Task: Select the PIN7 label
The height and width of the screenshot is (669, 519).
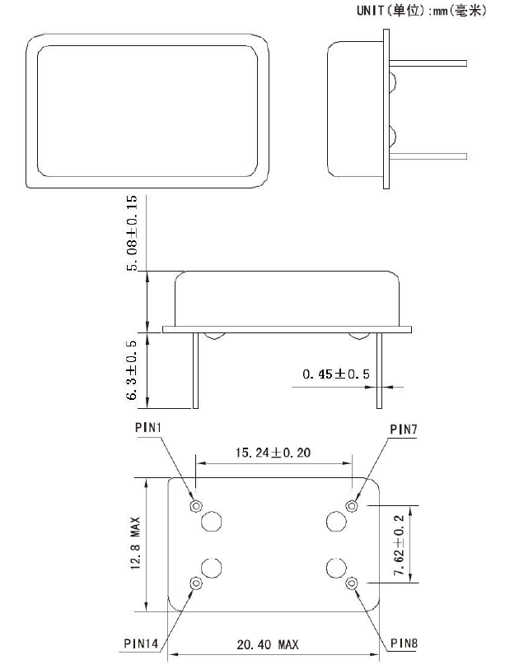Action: pos(405,429)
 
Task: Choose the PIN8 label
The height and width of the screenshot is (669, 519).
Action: pos(405,642)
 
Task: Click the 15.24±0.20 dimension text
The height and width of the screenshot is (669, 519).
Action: pos(274,453)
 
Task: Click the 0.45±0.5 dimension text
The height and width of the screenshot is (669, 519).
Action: pos(336,374)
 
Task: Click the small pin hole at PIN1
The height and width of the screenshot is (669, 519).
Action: pos(195,505)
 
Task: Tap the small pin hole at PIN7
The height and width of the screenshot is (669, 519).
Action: pos(352,505)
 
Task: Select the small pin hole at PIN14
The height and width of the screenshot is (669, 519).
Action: pos(195,583)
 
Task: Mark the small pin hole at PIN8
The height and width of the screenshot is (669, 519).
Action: pos(352,583)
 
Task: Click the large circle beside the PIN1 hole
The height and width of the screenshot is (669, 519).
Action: pos(213,521)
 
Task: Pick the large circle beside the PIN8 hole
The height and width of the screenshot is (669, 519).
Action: pos(335,568)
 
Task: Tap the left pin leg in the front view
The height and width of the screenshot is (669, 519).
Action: pos(196,370)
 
